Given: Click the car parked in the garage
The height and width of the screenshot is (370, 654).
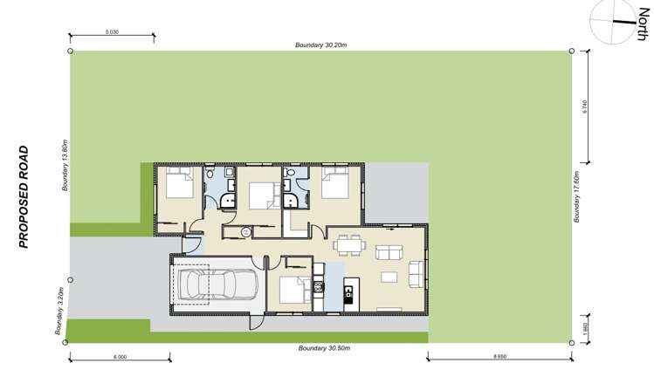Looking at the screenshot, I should [215, 284].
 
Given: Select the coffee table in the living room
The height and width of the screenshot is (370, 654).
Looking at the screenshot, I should [388, 277].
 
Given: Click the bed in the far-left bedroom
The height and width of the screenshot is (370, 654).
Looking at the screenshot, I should [180, 184].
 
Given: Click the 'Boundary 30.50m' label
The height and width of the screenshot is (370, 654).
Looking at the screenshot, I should [324, 348].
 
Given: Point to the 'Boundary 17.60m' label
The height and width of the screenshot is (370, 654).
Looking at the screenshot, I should [577, 197].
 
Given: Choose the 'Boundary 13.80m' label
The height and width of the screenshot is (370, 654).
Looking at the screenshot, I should [65, 165].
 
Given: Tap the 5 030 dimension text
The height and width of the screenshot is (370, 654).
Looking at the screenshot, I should [112, 32].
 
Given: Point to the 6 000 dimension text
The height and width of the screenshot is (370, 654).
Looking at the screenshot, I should [120, 357].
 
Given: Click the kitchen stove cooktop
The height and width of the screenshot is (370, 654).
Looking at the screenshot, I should [319, 285].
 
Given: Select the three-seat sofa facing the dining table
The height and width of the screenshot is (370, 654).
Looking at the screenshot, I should [388, 254].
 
